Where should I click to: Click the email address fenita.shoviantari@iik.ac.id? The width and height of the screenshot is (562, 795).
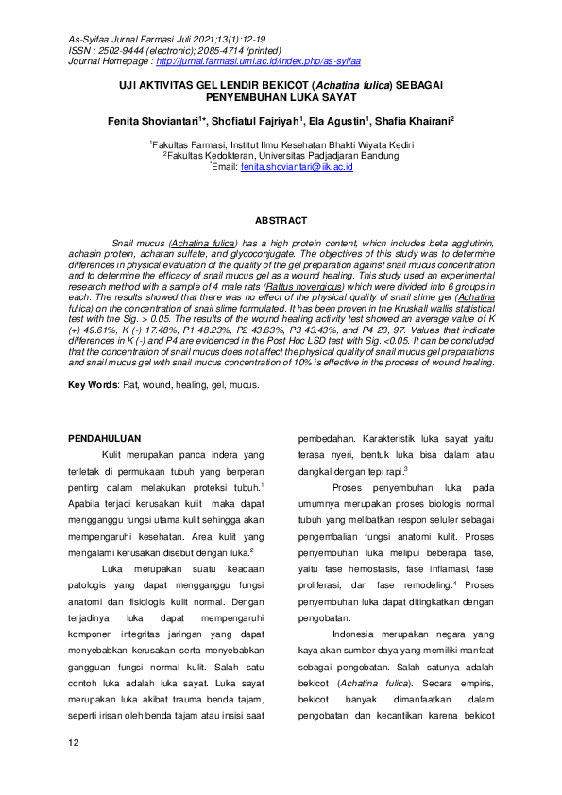(297, 166)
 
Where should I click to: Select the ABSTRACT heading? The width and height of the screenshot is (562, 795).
(281, 220)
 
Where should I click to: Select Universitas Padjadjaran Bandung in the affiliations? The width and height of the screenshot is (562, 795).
(326, 155)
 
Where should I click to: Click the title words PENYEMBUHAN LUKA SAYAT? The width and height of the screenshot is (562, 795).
(281, 97)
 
